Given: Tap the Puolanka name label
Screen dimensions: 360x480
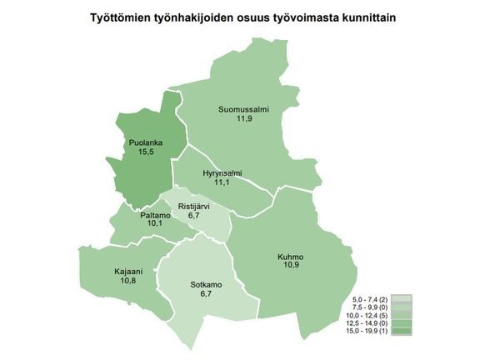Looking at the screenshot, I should [x=145, y=142].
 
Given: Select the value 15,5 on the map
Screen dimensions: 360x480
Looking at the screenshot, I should [x=145, y=152].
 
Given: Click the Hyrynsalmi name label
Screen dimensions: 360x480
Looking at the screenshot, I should [x=222, y=172].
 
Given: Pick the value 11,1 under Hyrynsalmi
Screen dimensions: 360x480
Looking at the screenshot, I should [x=222, y=182].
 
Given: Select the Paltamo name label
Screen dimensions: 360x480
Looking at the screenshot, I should [x=144, y=214].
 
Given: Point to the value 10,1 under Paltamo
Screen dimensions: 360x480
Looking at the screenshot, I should [x=144, y=223].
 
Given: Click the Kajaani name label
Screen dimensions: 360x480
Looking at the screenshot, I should [x=128, y=272].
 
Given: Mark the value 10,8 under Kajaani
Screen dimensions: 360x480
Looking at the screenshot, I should [x=128, y=281].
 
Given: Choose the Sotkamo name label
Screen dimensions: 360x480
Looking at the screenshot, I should [x=206, y=285].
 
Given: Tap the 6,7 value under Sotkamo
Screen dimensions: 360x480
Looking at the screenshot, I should [x=205, y=294].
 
